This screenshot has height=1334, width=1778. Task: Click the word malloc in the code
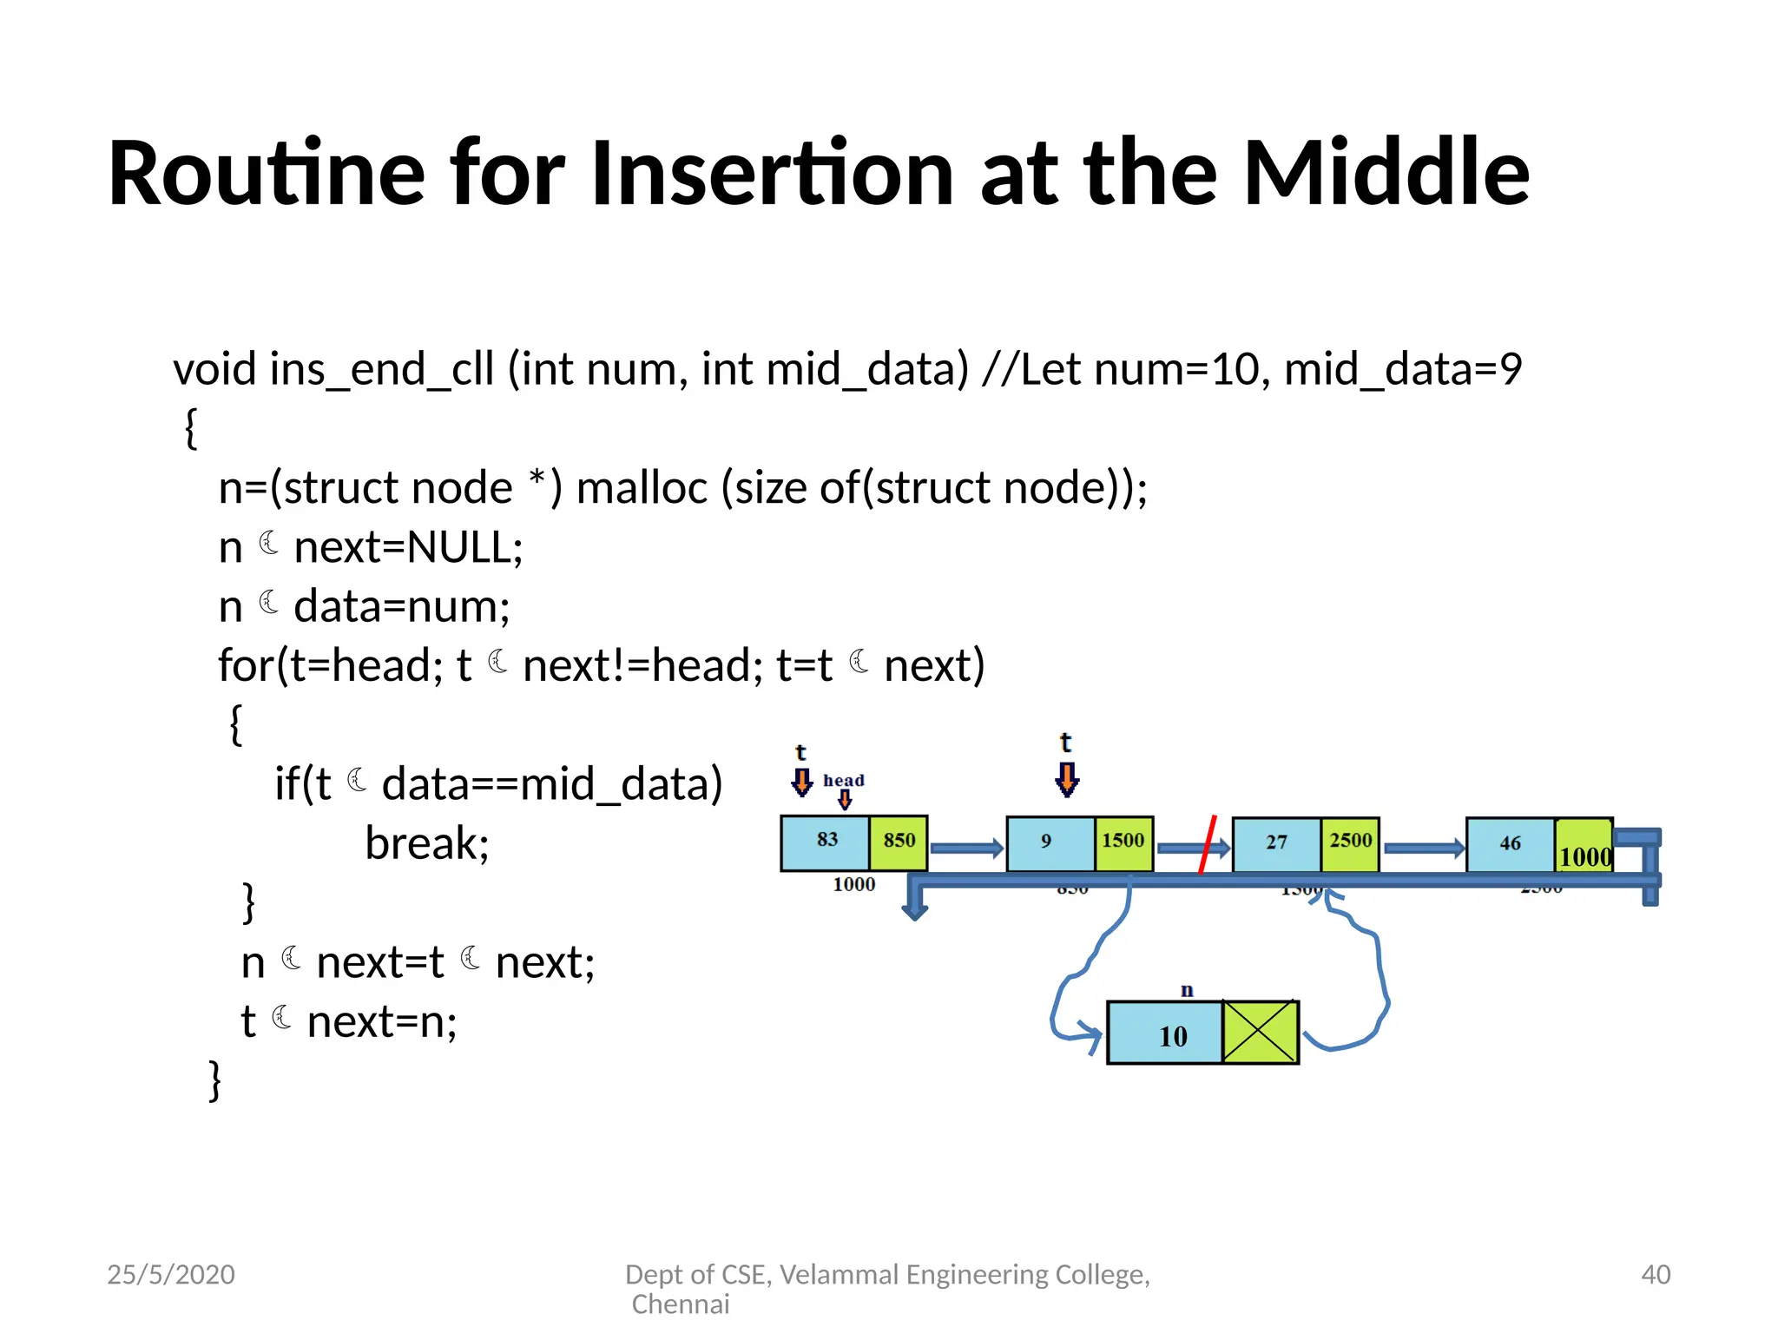(642, 488)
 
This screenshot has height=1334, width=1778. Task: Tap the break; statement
(427, 843)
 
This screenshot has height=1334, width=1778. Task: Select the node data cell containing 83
(826, 842)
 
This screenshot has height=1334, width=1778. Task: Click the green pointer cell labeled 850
(899, 842)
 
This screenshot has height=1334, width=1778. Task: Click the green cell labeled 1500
(1123, 842)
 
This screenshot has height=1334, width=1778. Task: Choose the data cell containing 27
(1276, 843)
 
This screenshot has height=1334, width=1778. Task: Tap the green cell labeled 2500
(1350, 842)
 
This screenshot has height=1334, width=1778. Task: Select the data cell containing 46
(1510, 844)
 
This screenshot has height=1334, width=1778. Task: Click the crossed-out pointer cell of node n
(1260, 1032)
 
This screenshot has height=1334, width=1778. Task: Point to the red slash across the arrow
(1208, 843)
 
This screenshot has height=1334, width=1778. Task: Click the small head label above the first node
(843, 780)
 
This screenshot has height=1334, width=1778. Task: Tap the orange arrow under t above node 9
(1067, 779)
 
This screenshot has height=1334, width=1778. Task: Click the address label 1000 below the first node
(853, 885)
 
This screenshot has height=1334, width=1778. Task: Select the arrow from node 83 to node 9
(965, 849)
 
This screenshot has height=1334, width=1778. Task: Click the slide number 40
(1655, 1274)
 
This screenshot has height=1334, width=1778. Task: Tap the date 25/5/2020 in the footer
(171, 1274)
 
